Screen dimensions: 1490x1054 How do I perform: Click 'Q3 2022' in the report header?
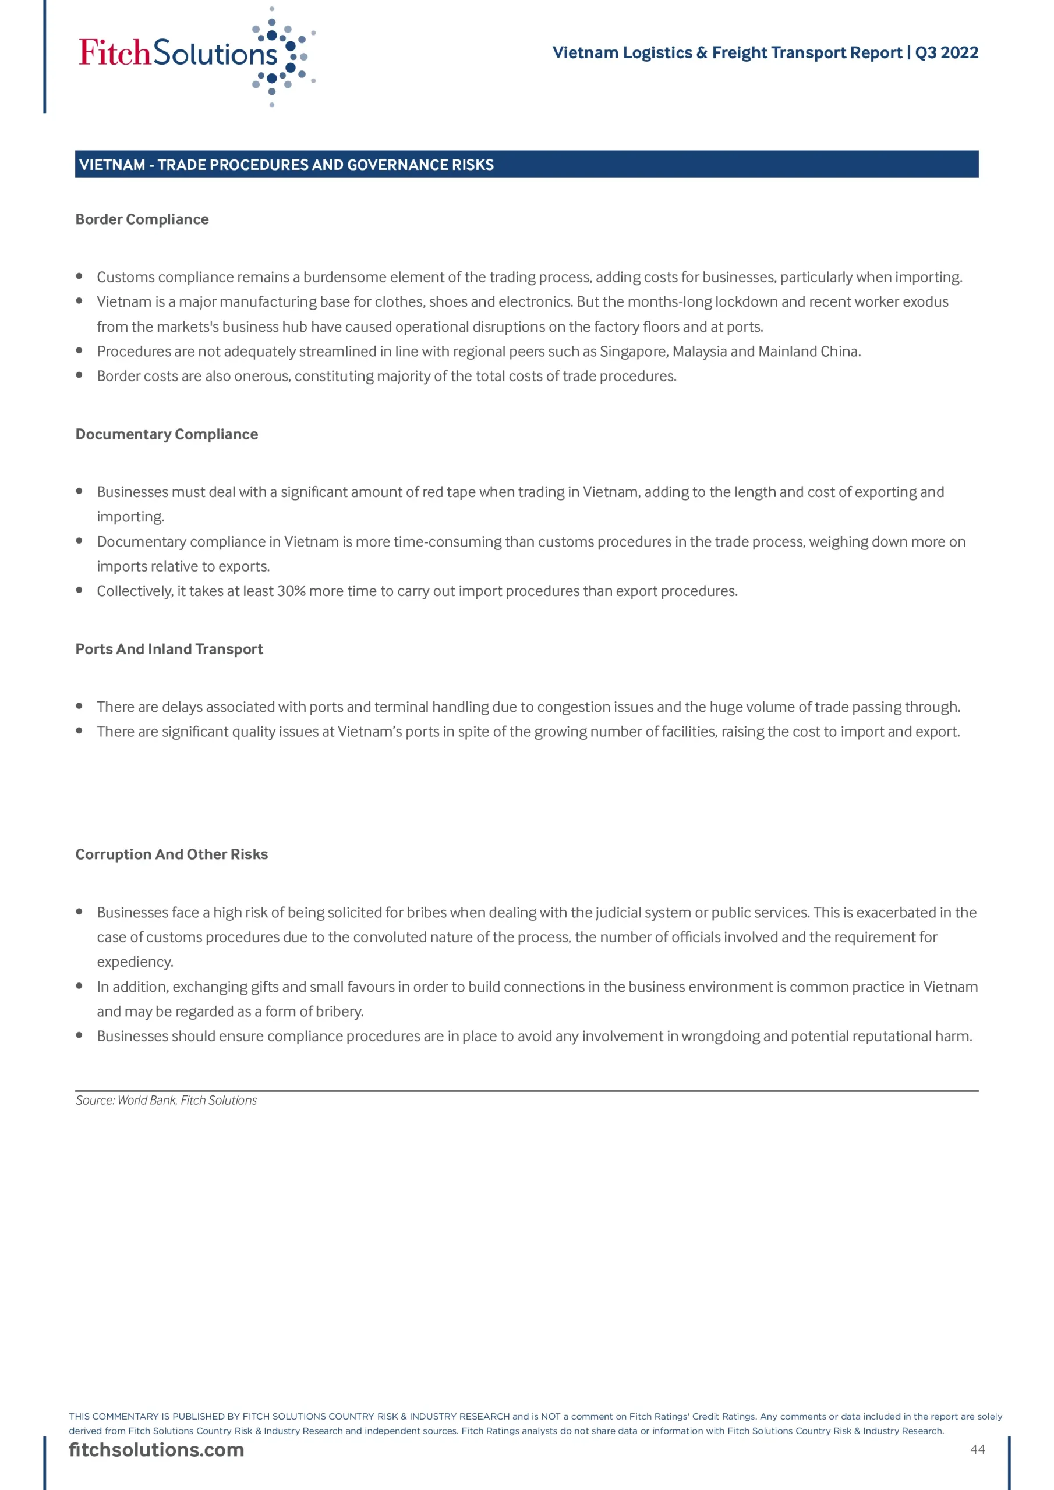tap(946, 52)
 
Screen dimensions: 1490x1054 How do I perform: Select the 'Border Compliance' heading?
tap(142, 219)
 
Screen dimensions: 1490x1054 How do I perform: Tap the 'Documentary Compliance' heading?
tap(167, 434)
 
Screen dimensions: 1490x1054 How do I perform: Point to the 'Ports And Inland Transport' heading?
tap(169, 649)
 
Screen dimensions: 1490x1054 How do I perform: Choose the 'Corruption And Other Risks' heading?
tap(171, 854)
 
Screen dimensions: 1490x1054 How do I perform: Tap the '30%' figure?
tap(291, 591)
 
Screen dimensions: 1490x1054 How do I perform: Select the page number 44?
tap(977, 1449)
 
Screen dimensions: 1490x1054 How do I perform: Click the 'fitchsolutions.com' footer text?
tap(157, 1450)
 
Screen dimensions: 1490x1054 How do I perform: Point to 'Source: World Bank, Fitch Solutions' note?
tap(166, 1100)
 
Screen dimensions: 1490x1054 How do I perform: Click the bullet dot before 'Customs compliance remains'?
tap(79, 276)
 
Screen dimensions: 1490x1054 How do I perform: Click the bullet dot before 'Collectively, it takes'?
tap(79, 590)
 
